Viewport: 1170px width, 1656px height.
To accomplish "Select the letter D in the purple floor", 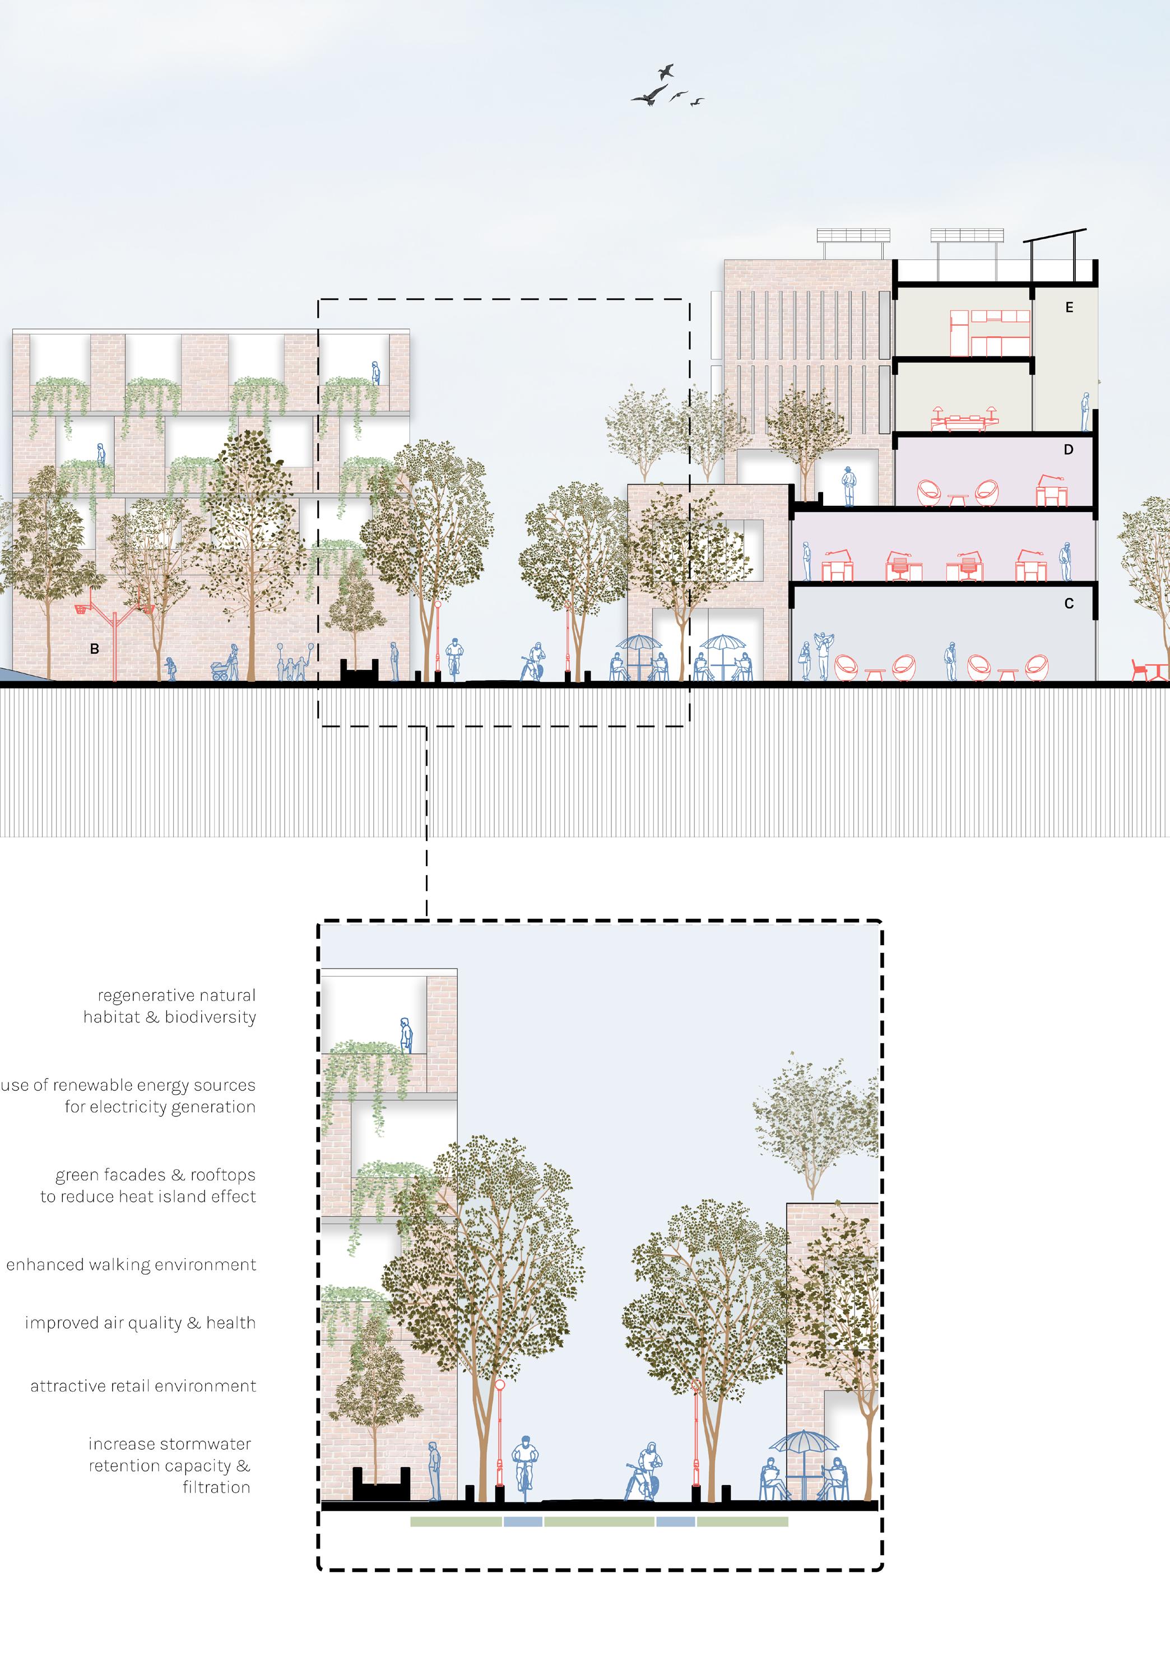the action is [1069, 450].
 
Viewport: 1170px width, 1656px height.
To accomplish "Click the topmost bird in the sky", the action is [666, 71].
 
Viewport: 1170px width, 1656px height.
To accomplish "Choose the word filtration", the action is [216, 1487].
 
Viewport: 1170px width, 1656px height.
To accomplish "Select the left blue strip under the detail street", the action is [523, 1523].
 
